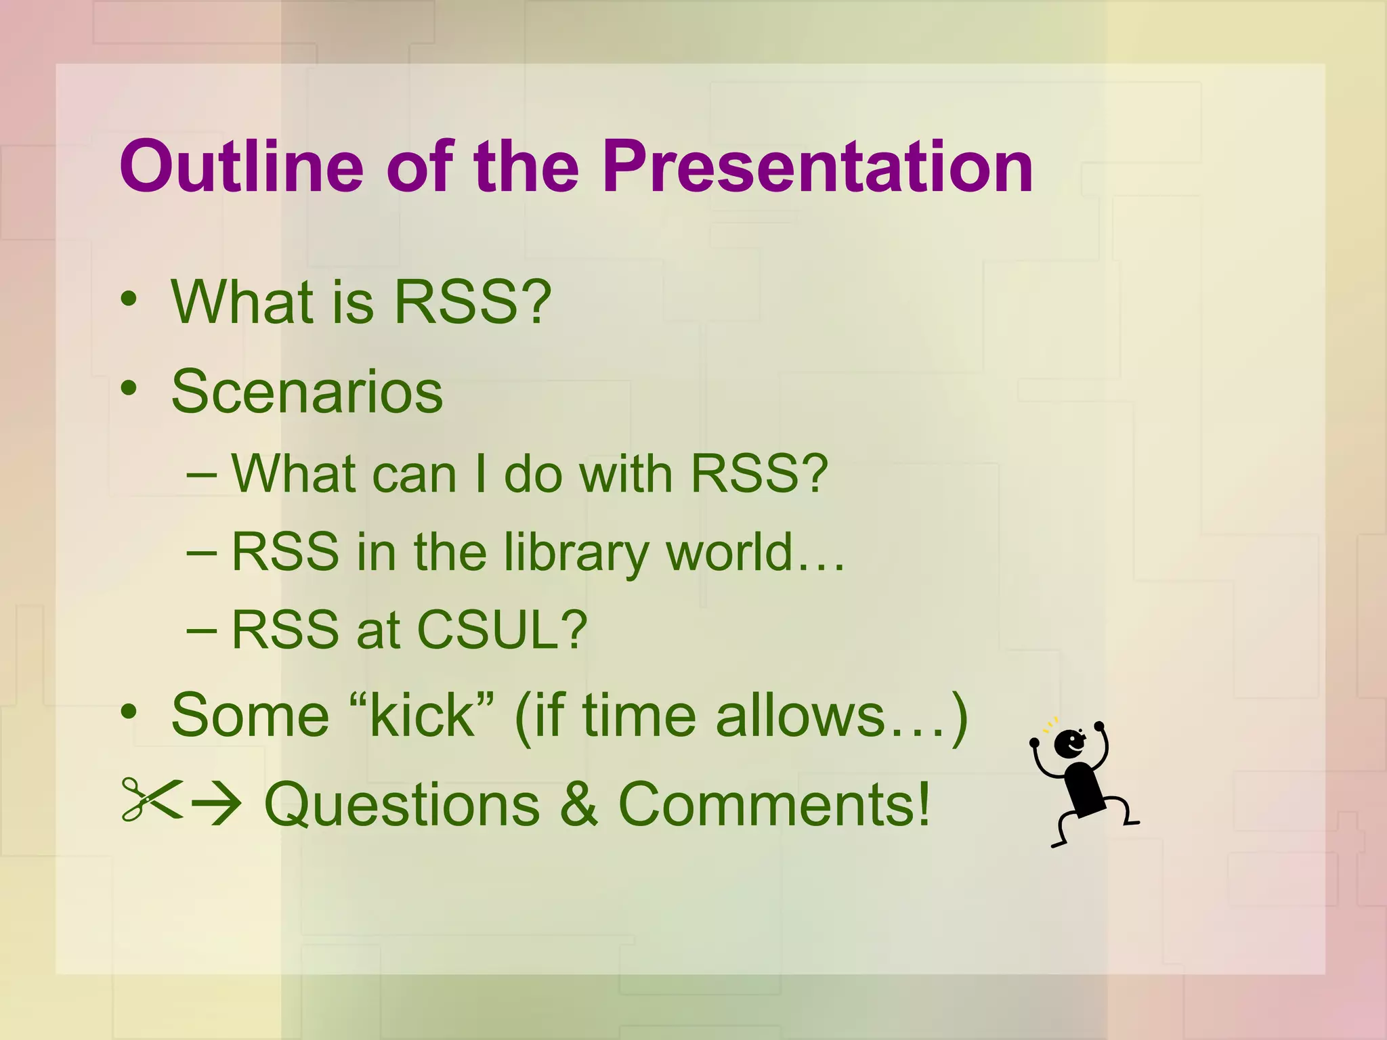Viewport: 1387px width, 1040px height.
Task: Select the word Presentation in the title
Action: pos(817,167)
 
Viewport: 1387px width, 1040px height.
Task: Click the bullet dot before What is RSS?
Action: pos(129,299)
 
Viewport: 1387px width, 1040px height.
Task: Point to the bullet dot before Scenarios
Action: pos(129,388)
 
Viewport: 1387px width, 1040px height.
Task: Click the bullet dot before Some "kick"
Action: pos(129,711)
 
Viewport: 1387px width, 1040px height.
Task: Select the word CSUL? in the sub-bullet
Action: pos(502,630)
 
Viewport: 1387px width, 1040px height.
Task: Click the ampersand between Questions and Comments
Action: pos(579,804)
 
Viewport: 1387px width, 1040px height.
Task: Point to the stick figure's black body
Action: pos(1084,789)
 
